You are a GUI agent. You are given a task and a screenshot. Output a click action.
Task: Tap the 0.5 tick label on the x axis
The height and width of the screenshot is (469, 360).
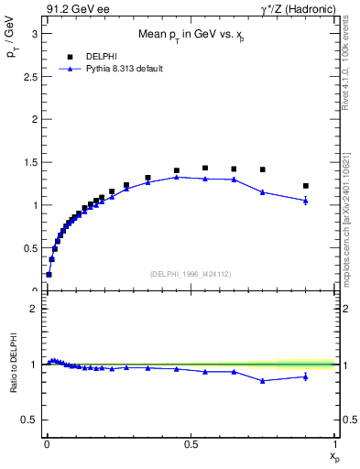(191, 442)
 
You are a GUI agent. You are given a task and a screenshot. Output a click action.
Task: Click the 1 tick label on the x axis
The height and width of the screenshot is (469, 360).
(335, 442)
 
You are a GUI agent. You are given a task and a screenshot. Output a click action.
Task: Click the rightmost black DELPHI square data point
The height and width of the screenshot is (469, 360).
(306, 186)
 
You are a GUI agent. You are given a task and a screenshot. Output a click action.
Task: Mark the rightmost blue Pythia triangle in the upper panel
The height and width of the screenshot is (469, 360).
(306, 200)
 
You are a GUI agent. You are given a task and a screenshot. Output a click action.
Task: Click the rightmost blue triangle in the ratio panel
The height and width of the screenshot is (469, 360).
(306, 376)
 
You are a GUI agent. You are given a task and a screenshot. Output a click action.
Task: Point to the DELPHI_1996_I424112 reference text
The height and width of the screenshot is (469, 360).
(191, 272)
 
